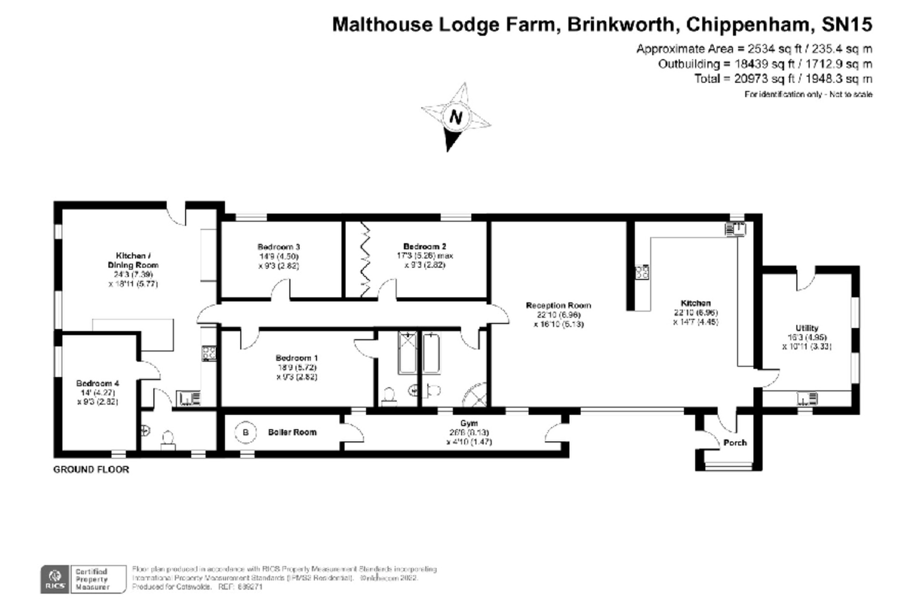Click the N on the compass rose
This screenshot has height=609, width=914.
pos(456,117)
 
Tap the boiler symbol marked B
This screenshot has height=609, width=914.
pos(246,432)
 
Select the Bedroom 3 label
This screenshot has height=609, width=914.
pos(278,247)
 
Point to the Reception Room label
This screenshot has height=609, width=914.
pos(558,305)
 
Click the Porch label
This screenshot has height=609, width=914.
pos(735,442)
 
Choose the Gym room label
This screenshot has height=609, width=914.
pos(469,423)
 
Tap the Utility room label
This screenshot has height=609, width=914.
pos(806,328)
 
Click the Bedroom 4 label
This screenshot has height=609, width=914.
pos(97,383)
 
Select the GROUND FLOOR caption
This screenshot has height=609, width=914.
pos(91,470)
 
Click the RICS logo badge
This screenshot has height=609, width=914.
pos(55,579)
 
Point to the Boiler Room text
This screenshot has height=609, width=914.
pos(292,432)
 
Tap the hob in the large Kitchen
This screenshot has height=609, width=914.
pos(642,272)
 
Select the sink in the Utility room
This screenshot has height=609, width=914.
pos(807,398)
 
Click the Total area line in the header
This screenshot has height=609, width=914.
pos(783,79)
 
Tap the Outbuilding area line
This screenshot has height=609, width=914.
pos(765,64)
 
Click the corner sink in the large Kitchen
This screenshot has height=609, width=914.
pos(735,229)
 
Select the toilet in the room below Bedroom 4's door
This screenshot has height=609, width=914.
pos(168,439)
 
